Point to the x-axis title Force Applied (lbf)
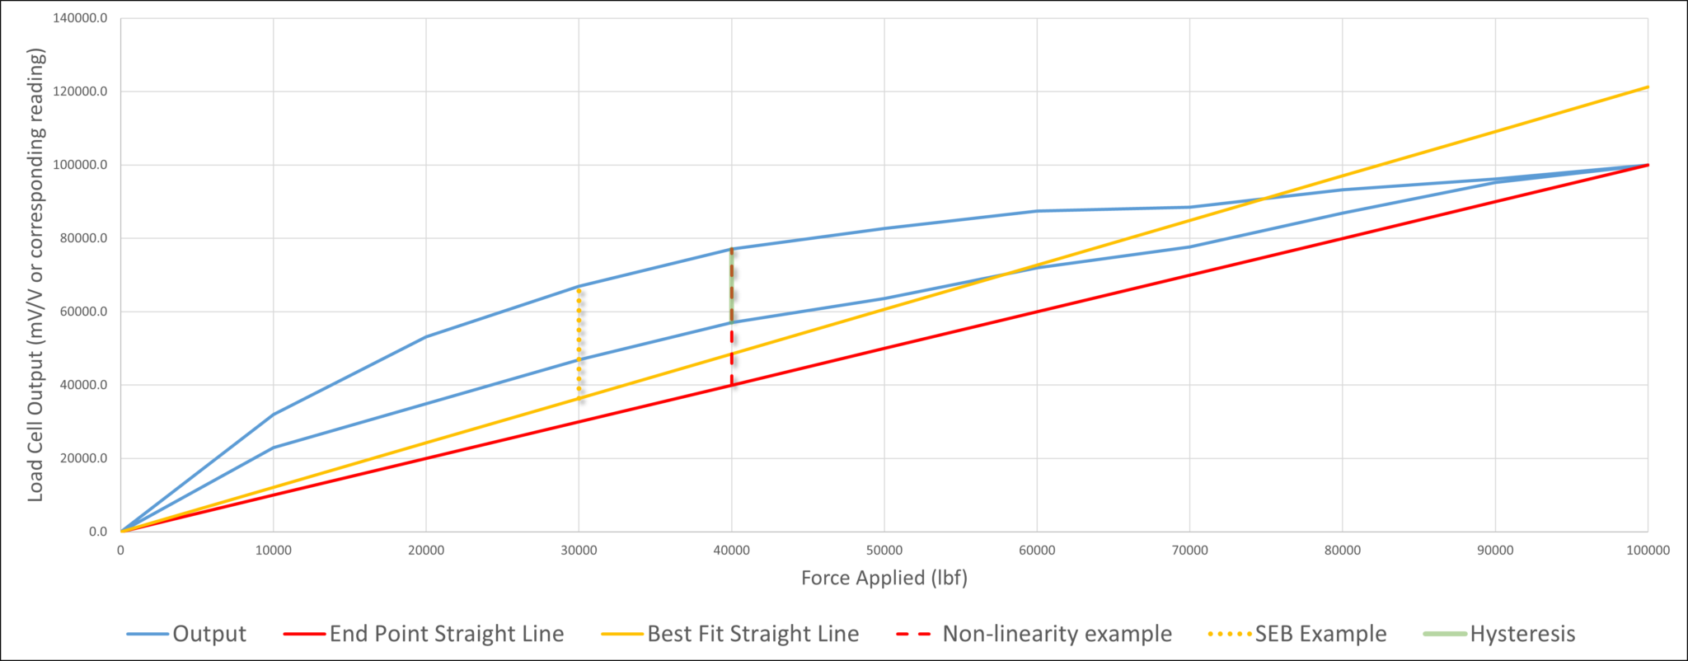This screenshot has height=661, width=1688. click(884, 578)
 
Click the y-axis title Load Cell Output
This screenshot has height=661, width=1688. click(35, 274)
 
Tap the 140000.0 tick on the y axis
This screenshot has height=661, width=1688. click(80, 18)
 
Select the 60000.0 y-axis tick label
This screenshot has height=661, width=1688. click(80, 312)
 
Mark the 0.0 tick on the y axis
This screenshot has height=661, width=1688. click(97, 532)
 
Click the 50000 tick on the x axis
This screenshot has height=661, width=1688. click(884, 551)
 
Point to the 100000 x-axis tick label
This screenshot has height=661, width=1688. click(1647, 551)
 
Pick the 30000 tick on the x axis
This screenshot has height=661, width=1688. click(579, 551)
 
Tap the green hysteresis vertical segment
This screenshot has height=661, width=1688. click(732, 284)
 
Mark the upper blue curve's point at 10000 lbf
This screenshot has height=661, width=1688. click(274, 414)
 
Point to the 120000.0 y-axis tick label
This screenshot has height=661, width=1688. click(80, 91)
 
